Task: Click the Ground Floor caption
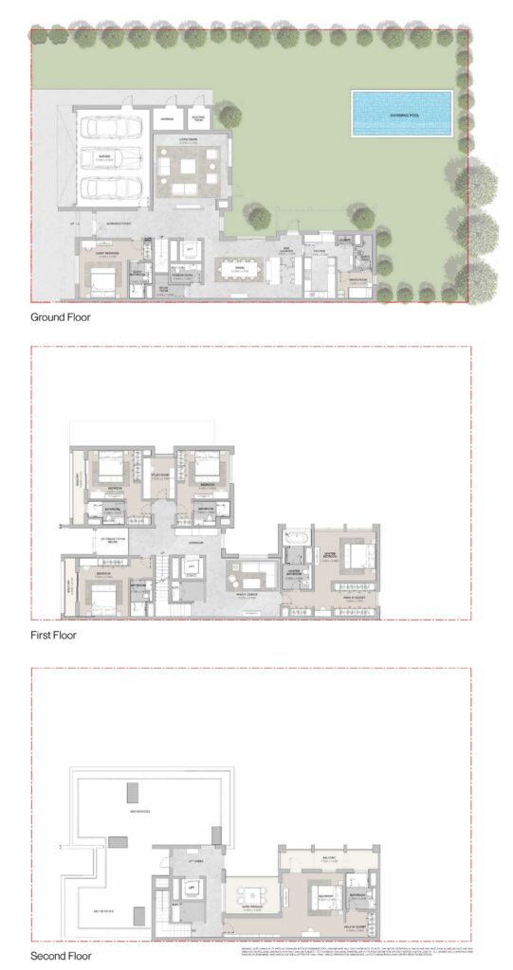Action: click(61, 317)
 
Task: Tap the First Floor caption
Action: click(53, 636)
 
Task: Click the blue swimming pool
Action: click(402, 114)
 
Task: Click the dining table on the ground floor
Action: click(238, 269)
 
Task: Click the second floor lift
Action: click(191, 888)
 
